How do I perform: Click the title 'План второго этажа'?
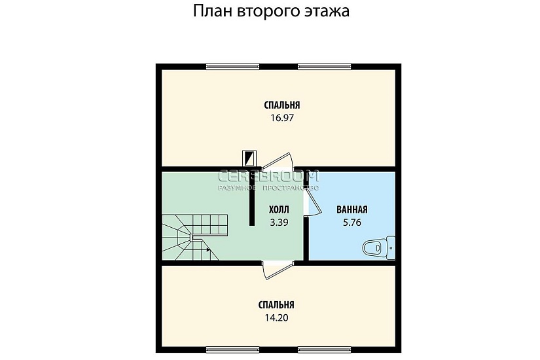pos(270,12)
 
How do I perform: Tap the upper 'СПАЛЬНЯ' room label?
pos(282,105)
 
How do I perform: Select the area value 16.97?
pos(282,118)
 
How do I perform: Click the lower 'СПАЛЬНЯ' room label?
pos(276,305)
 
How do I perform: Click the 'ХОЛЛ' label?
pos(279,209)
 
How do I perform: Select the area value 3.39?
pos(279,222)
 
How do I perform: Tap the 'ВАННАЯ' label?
pos(351,209)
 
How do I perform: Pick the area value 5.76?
pos(351,222)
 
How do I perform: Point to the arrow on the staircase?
pos(207,249)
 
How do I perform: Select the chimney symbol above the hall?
pos(249,158)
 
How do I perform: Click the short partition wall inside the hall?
pos(252,196)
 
